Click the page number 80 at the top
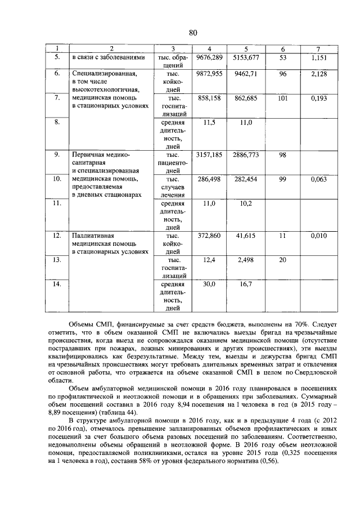(192, 32)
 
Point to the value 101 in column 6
(282, 98)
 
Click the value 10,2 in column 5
(245, 203)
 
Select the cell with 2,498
(245, 260)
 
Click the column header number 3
(173, 49)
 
